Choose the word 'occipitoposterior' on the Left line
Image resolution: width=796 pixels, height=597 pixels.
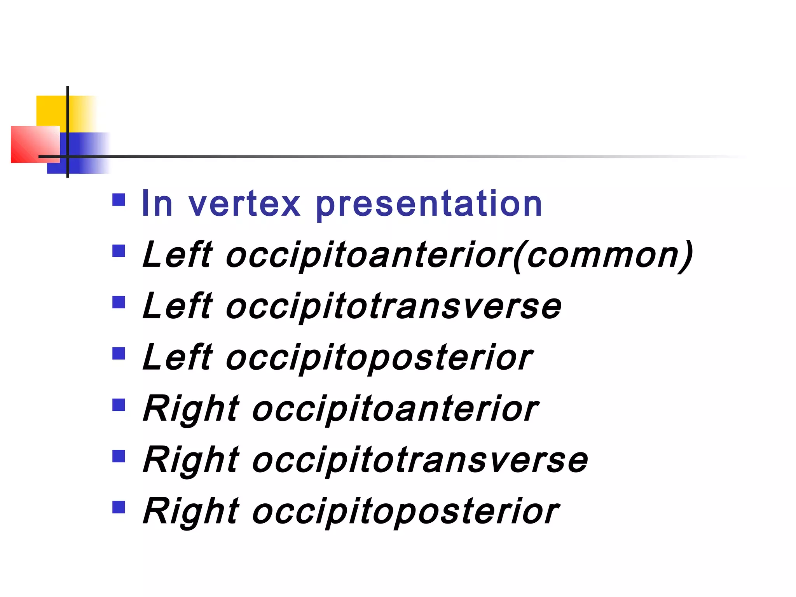pos(379,358)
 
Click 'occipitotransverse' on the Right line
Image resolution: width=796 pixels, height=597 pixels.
pos(420,461)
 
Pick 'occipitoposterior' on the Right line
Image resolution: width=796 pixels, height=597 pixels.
pos(406,512)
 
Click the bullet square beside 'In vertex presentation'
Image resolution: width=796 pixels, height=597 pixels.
pos(119,200)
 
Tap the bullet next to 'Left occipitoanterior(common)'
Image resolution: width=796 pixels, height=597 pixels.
pos(119,251)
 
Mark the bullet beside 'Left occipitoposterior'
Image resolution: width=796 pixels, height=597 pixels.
pos(119,354)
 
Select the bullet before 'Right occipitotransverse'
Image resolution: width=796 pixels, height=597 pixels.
pos(119,456)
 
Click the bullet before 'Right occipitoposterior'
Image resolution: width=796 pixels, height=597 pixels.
pos(119,507)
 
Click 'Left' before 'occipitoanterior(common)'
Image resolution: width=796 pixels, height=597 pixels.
pos(177,255)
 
